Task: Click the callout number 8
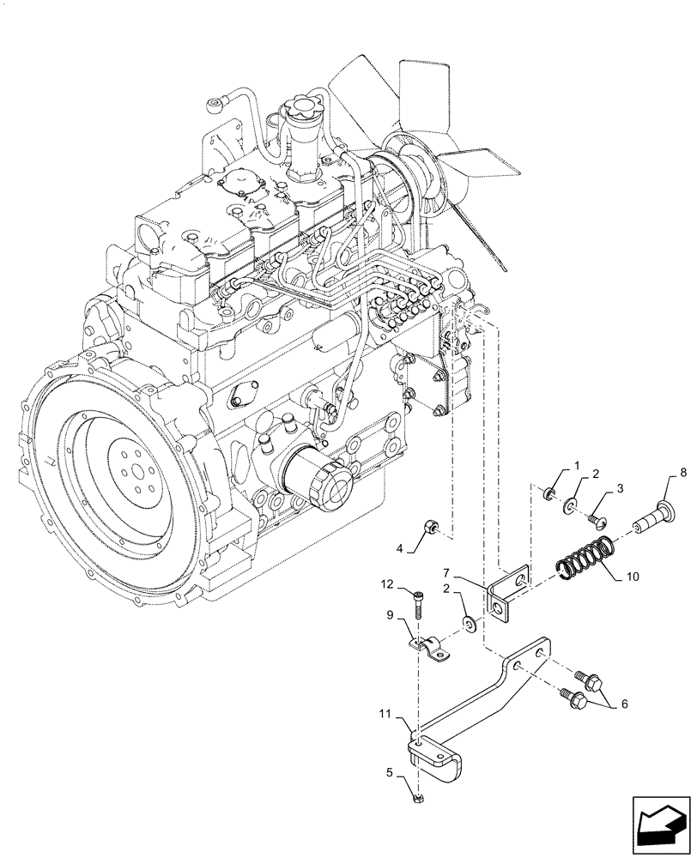pyautogui.click(x=682, y=472)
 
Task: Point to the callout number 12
pyautogui.click(x=387, y=585)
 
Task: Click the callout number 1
pyautogui.click(x=576, y=466)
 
